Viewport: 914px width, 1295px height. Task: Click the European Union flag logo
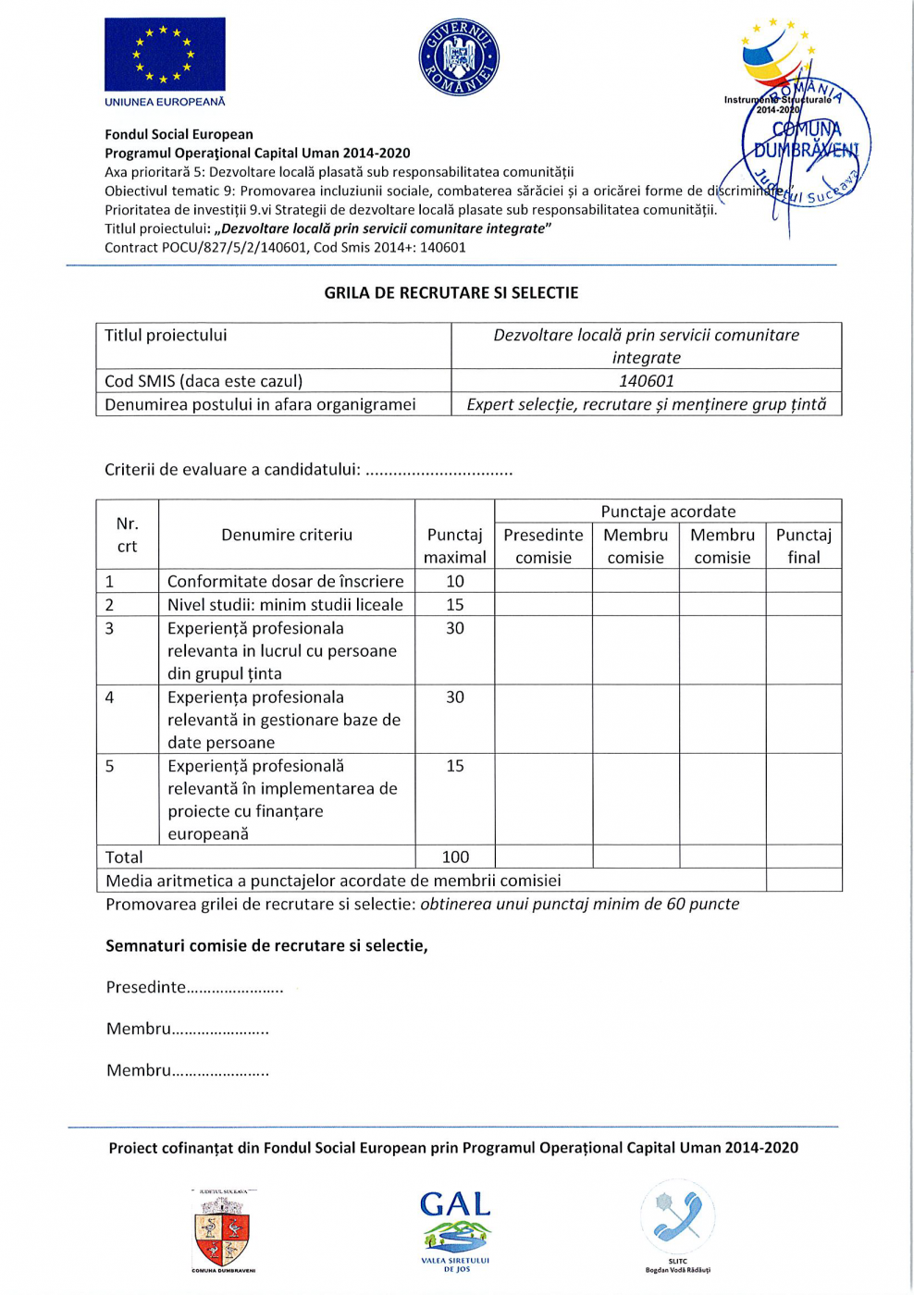(x=165, y=55)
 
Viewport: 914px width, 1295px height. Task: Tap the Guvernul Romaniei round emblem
(x=459, y=59)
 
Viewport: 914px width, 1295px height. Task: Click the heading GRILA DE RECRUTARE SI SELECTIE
(x=451, y=293)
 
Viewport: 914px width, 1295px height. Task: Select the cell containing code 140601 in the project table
(x=646, y=381)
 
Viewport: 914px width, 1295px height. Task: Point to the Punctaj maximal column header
(x=454, y=546)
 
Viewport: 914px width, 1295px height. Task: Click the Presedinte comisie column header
(x=543, y=546)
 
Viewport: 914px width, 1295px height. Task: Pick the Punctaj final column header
(x=803, y=546)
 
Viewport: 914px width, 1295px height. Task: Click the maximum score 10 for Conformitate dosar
(x=455, y=582)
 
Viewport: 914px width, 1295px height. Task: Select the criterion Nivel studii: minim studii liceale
(x=285, y=605)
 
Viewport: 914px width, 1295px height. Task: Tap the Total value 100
(x=455, y=857)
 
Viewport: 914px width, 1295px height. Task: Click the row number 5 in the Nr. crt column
(x=110, y=766)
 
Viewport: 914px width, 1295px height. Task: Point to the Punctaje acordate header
(x=668, y=512)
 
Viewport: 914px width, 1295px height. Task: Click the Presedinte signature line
(x=194, y=988)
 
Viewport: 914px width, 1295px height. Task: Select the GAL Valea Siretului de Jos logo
(x=455, y=1230)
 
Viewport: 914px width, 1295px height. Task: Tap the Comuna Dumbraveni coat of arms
(x=223, y=1231)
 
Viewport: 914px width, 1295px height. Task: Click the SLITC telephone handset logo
(x=677, y=1220)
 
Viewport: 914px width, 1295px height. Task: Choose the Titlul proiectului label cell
(x=166, y=336)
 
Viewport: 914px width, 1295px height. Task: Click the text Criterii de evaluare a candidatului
(x=232, y=470)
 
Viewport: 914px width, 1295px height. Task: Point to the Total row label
(x=125, y=857)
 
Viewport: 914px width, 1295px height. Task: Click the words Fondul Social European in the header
(x=179, y=135)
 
